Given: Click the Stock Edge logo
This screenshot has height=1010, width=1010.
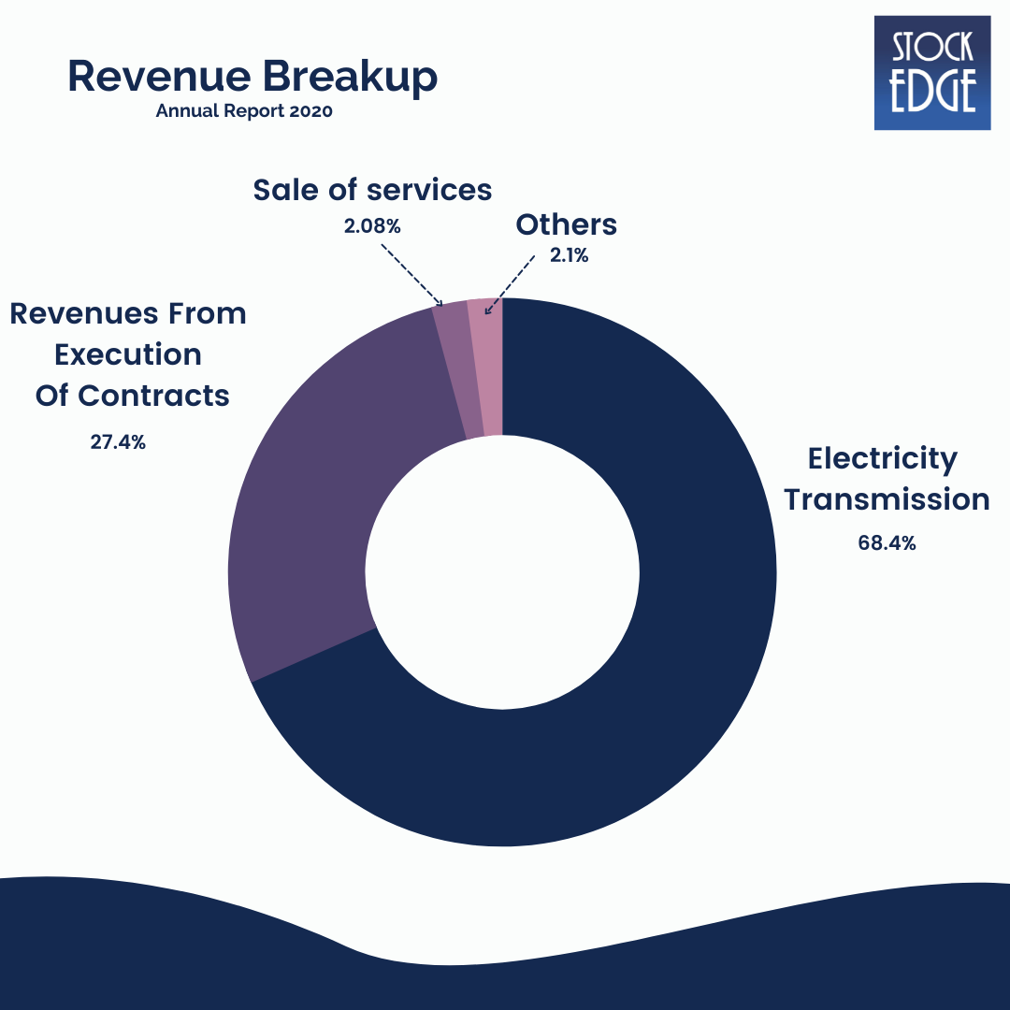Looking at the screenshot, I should click(931, 72).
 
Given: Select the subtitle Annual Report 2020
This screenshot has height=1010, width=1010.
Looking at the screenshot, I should click(244, 110).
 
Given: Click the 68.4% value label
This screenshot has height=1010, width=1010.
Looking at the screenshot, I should click(886, 542).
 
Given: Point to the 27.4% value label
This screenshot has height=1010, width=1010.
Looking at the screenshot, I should click(118, 442).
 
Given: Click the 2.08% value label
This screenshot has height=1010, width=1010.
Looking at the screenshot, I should click(372, 225).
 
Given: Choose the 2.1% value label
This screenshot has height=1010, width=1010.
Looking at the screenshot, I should click(569, 255).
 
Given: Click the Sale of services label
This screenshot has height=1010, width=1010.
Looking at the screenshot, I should click(372, 190).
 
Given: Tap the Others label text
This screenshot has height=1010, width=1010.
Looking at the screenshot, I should click(567, 224).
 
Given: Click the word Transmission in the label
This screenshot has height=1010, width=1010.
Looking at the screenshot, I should click(886, 499).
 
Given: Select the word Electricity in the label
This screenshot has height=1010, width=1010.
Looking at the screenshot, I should click(883, 459).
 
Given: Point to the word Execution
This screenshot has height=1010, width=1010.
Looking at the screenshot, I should click(127, 354).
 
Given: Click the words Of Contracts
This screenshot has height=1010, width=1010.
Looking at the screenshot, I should click(132, 395).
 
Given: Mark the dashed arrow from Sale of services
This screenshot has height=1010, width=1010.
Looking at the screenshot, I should click(411, 273).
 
